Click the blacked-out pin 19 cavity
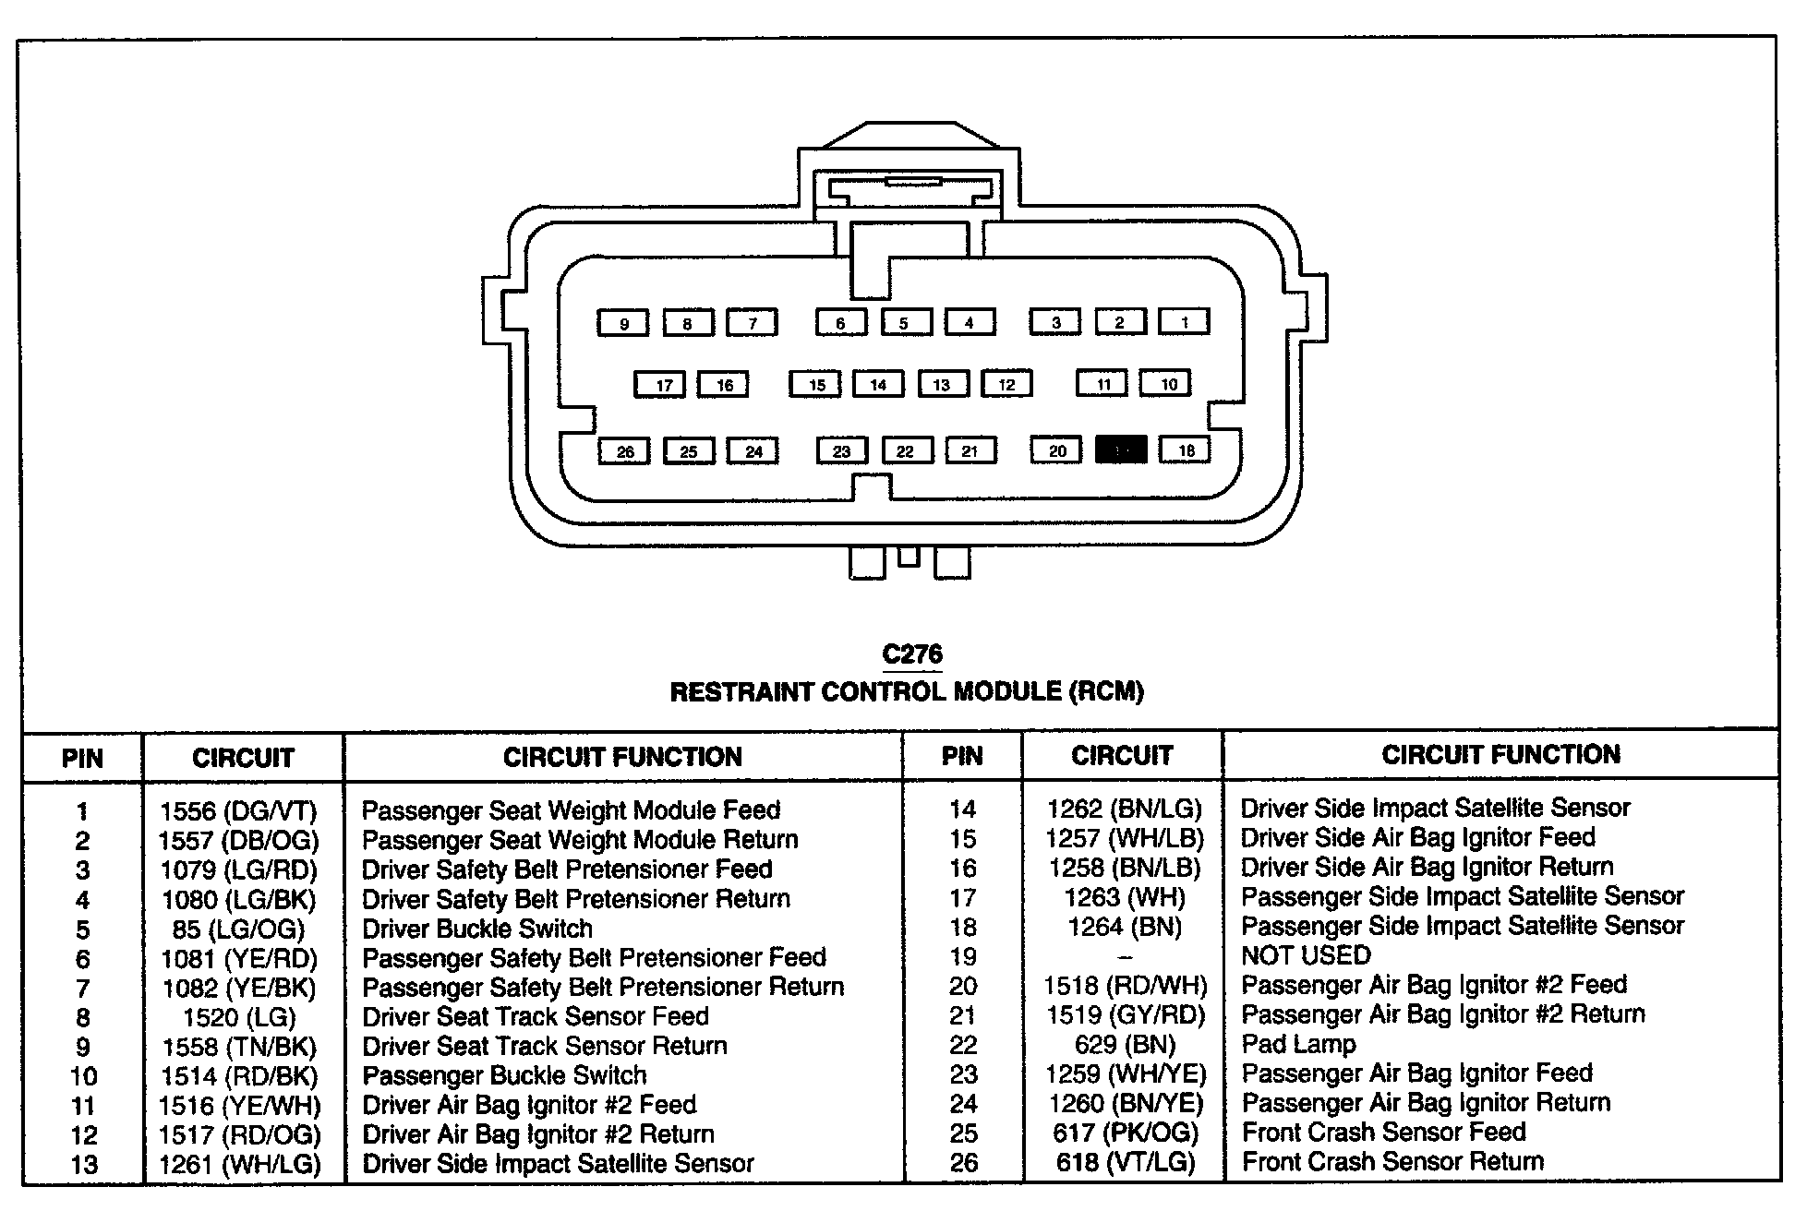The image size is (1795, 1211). tap(1121, 450)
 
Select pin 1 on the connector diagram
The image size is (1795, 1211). tap(1185, 321)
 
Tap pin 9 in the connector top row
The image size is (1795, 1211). tap(624, 323)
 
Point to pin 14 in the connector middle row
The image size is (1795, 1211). tap(878, 384)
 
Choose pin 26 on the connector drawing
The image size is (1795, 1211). tap(625, 451)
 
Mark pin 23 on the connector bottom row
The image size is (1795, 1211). tap(841, 450)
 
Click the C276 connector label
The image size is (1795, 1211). tap(912, 654)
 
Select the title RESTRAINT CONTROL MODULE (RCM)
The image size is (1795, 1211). tap(907, 691)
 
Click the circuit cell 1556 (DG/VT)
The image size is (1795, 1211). tap(238, 811)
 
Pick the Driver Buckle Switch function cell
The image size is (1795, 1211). tap(476, 929)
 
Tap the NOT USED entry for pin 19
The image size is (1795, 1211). tap(1306, 955)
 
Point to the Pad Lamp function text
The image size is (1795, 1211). tap(1298, 1044)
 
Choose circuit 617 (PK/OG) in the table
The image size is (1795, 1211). tap(1125, 1133)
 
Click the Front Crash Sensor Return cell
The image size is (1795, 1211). tap(1392, 1161)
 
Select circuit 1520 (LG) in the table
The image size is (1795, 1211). tap(238, 1017)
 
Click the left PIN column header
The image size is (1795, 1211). tap(82, 758)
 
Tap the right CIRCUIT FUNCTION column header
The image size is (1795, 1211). tap(1500, 755)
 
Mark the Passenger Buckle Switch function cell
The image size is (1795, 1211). tap(504, 1075)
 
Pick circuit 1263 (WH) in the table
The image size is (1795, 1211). tap(1125, 897)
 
